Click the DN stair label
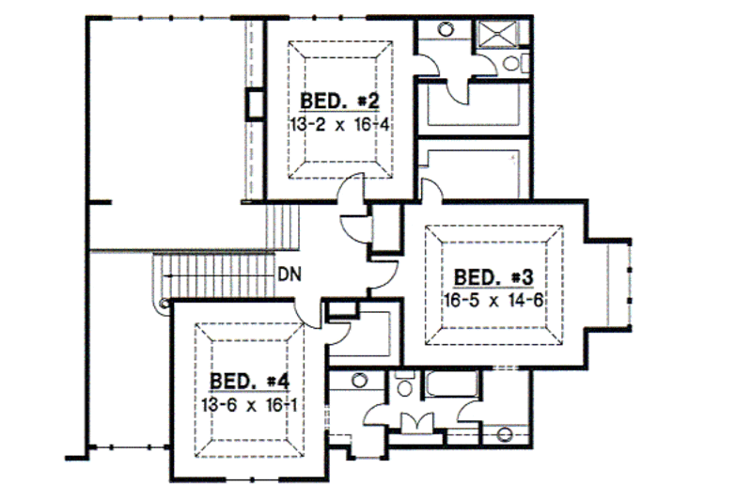[x=289, y=274]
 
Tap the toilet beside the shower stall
[x=510, y=63]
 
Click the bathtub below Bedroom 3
[x=452, y=385]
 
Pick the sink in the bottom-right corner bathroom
[x=505, y=434]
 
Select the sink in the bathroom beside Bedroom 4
[x=359, y=380]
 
